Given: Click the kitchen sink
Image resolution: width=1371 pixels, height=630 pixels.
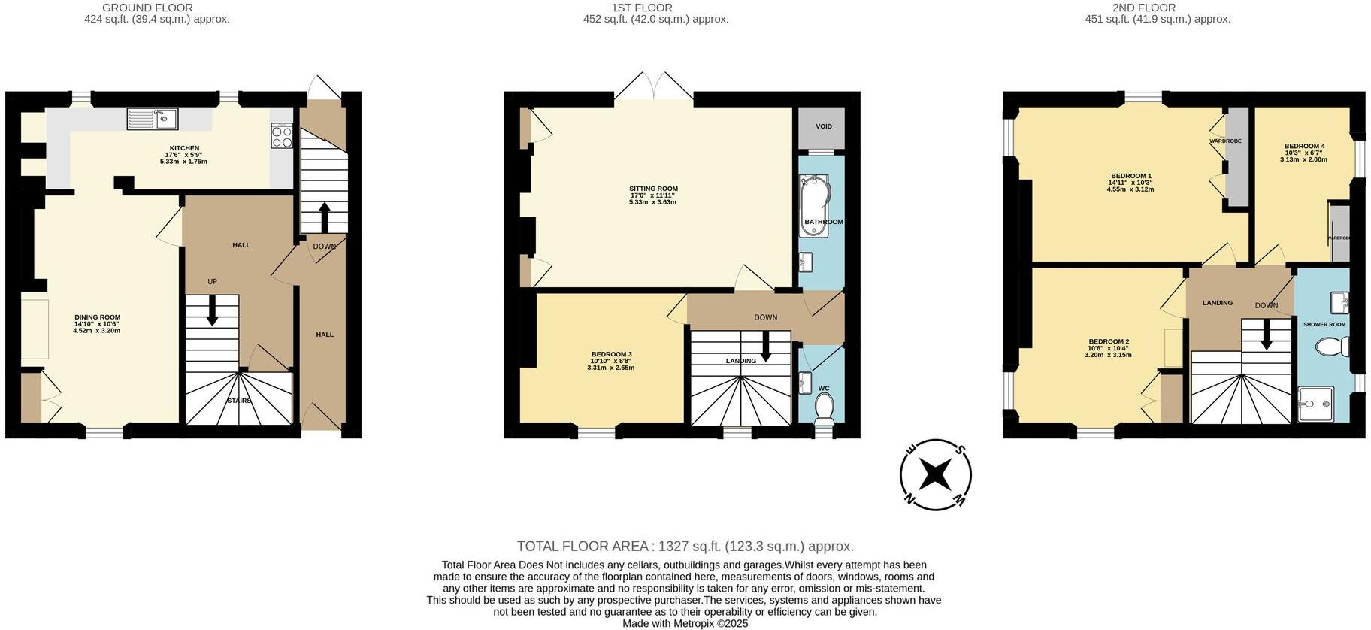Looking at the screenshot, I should [x=153, y=119].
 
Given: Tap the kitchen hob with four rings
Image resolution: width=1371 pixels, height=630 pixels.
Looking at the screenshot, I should [x=282, y=136].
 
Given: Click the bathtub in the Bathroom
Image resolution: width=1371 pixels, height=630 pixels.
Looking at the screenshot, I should [x=814, y=205].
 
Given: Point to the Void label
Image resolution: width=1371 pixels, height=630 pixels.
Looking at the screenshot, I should [x=824, y=126].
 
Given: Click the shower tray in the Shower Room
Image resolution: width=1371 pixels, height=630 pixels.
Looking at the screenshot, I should [x=1315, y=404].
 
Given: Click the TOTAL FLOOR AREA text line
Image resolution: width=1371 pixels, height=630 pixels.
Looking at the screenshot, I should [x=685, y=547].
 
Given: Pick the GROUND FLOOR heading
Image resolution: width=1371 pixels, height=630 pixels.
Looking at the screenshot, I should [x=147, y=8].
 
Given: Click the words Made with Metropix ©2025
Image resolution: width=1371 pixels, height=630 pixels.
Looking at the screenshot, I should [x=685, y=624].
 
